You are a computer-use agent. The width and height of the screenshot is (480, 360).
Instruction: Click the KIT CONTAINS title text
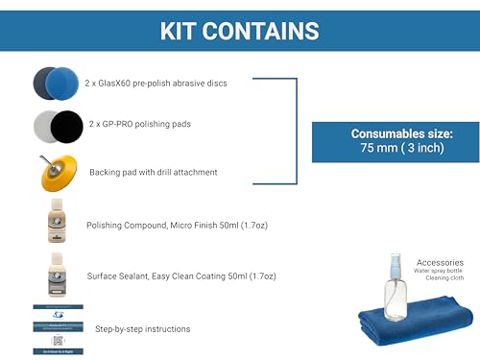coord(240,30)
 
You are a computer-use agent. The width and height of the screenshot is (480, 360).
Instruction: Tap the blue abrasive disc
coord(64,84)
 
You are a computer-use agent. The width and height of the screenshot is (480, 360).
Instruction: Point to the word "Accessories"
coord(441,261)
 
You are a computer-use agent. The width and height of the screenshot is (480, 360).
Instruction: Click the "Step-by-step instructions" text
coord(142,328)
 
